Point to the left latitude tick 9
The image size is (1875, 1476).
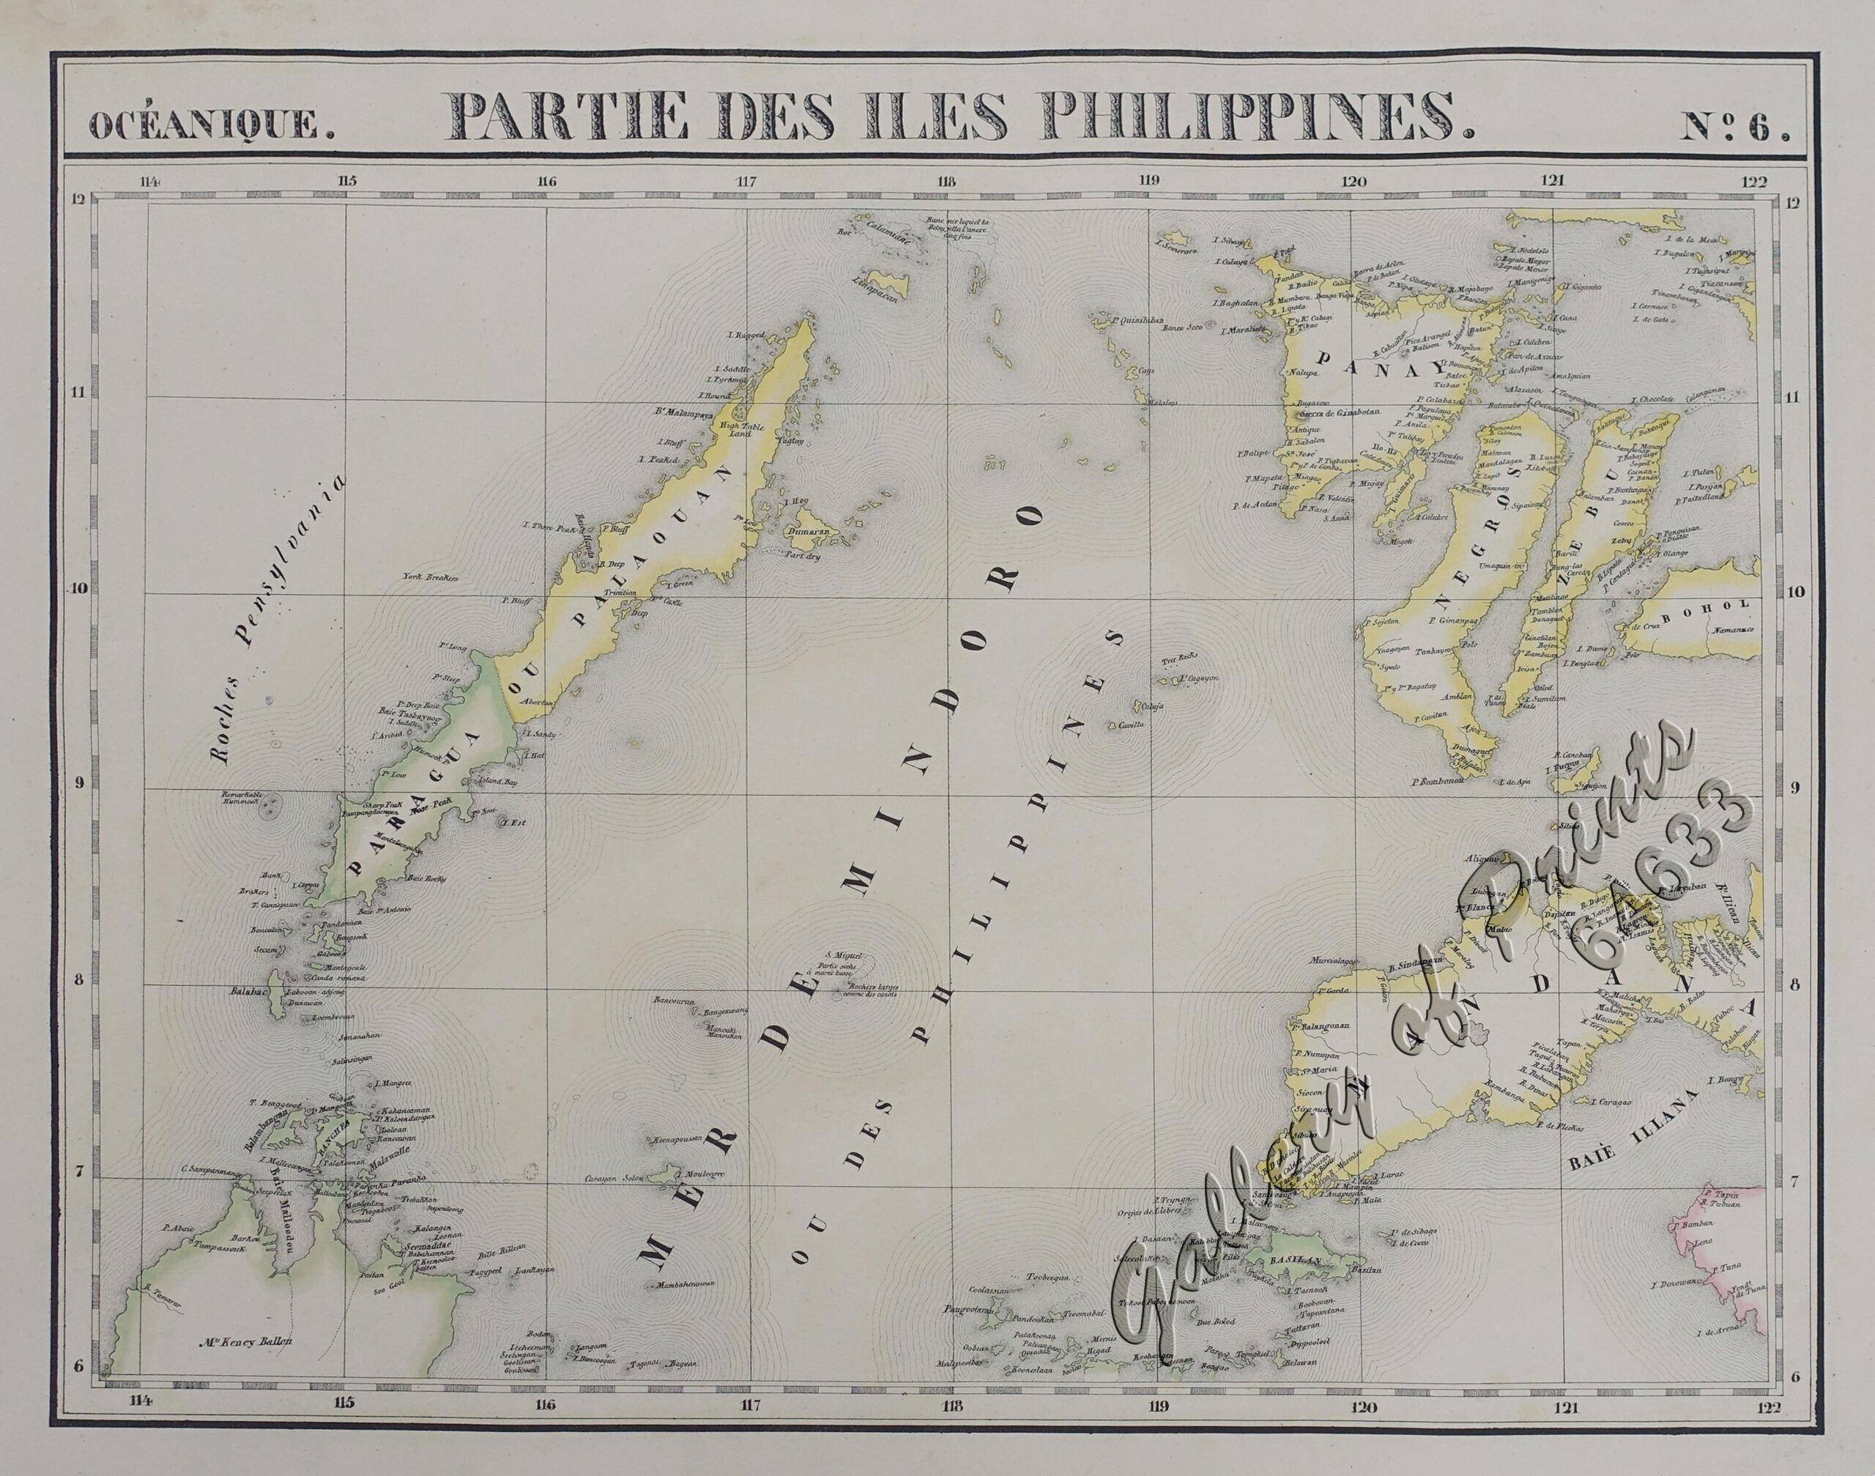[80, 784]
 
